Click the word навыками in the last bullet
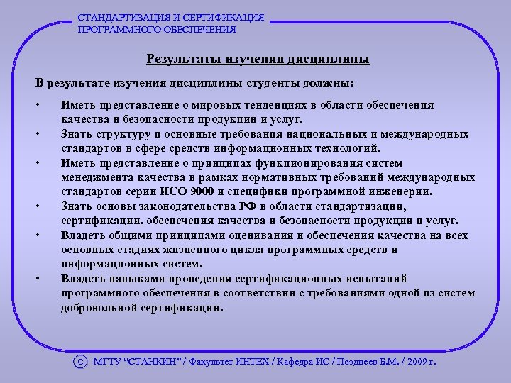133,279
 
